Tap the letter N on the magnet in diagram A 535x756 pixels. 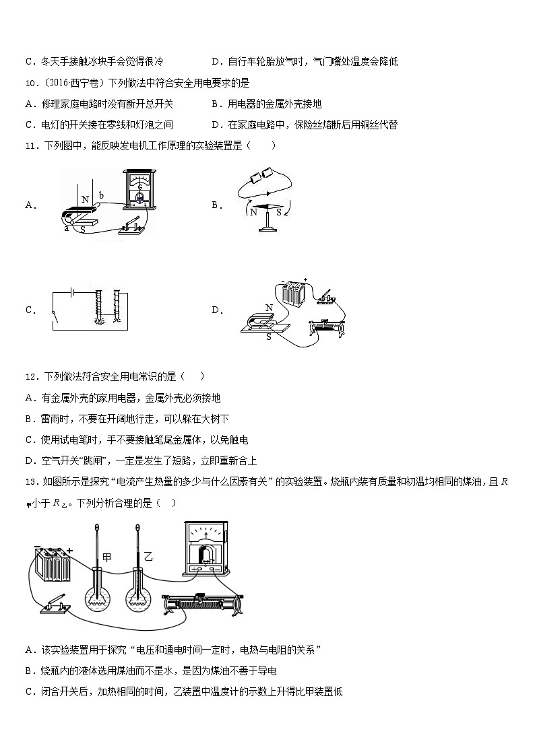coord(86,199)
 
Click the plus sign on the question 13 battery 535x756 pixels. coord(69,550)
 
